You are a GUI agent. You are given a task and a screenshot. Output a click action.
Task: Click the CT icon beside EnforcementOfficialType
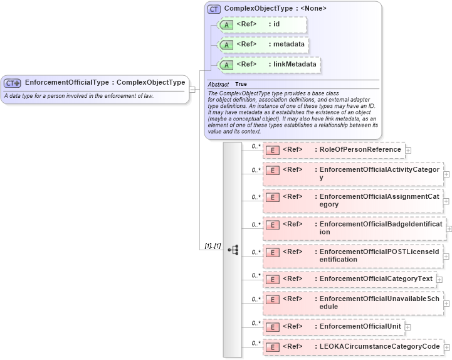(13, 82)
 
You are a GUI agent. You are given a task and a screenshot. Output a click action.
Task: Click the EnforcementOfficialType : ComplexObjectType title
(105, 82)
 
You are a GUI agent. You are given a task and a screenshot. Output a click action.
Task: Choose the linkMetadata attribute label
(293, 65)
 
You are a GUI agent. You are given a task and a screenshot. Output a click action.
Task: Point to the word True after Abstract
(241, 84)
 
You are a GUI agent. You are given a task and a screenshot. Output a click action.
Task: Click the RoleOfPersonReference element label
(360, 150)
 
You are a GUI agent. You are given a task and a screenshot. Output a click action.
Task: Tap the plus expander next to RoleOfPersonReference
(409, 151)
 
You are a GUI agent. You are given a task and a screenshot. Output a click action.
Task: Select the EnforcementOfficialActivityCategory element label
(379, 174)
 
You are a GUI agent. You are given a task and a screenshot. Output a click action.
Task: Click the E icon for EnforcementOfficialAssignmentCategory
(272, 198)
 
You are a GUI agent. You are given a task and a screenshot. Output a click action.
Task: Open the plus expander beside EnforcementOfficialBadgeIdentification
(449, 229)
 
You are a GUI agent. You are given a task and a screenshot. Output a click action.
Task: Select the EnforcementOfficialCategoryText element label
(376, 279)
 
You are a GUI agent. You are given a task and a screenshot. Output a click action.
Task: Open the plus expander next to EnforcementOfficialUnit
(408, 327)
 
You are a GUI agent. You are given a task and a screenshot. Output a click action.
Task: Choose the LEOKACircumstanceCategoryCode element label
(379, 347)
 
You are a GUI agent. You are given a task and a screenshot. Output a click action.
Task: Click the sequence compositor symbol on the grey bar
(233, 250)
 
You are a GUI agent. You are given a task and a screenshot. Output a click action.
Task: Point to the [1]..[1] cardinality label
(213, 246)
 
